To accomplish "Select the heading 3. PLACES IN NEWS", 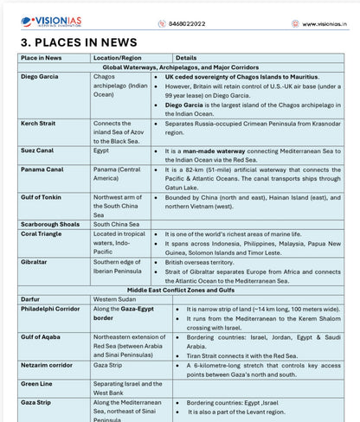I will coord(78,42).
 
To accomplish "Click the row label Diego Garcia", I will coord(39,77).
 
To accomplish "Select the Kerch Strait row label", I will coord(38,124).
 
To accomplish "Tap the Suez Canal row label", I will coord(37,150).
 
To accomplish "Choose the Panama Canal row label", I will coord(42,169).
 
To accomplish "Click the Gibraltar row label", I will coord(35,261).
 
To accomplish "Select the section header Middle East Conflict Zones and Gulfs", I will coord(180,289).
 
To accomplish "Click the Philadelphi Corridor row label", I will coord(50,308).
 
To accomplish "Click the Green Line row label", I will coord(36,384).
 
